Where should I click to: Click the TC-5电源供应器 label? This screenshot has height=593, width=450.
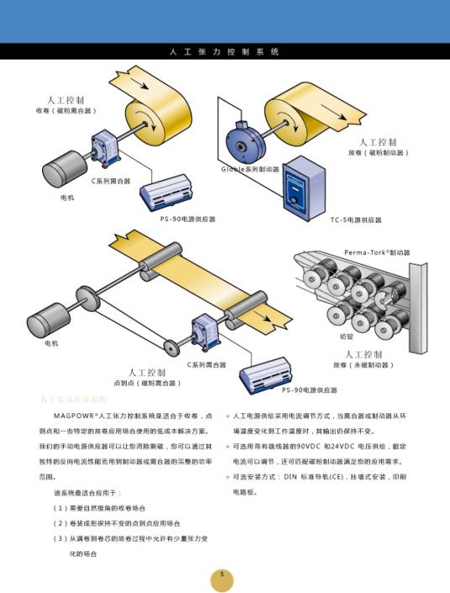[x=355, y=220]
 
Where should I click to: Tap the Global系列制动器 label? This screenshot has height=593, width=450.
[x=249, y=169]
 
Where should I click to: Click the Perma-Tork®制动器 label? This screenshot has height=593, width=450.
[x=376, y=252]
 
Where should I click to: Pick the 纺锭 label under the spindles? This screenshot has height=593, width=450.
[x=347, y=335]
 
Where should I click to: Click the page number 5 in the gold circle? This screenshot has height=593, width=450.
[x=222, y=575]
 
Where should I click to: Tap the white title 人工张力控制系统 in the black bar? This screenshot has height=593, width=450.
[x=224, y=52]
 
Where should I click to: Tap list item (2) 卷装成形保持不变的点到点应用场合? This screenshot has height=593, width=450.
[x=116, y=523]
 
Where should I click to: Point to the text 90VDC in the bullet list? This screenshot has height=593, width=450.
[x=322, y=446]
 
